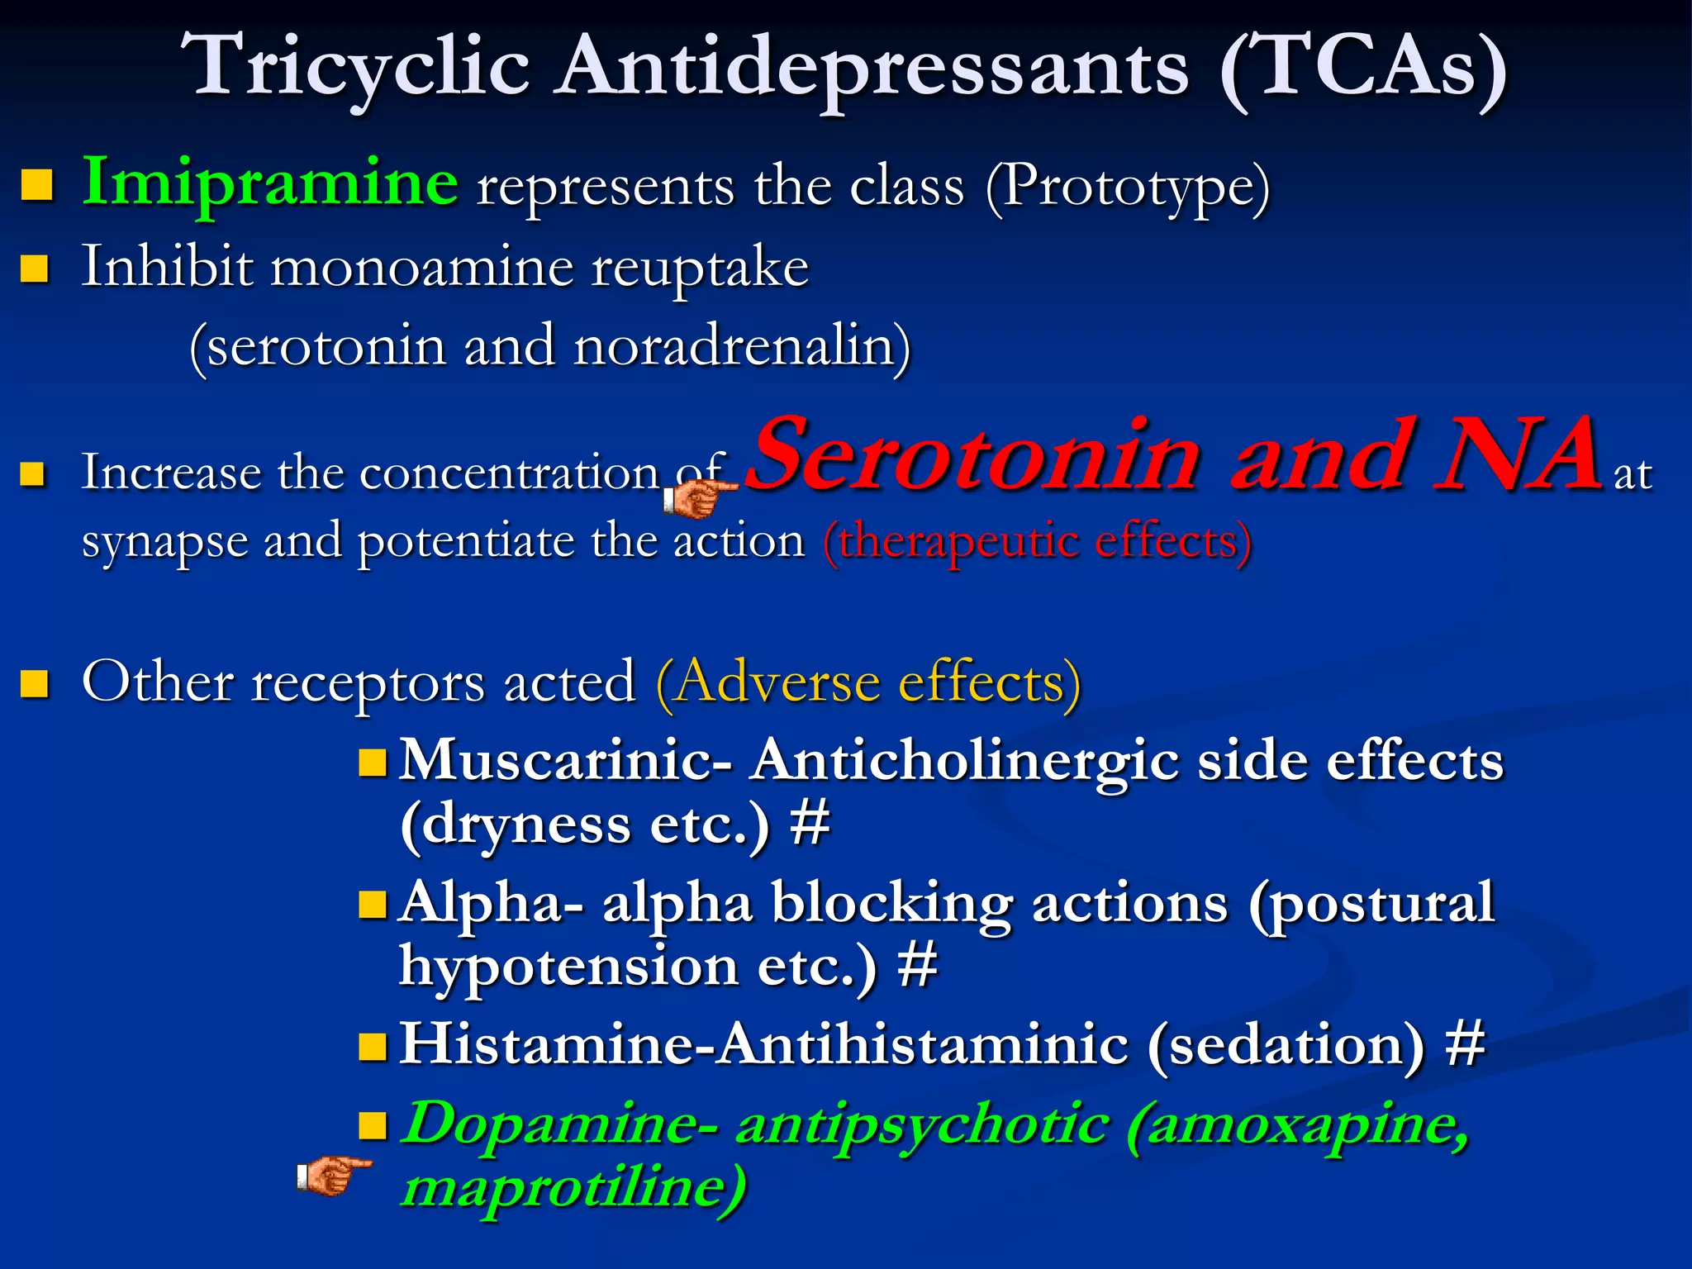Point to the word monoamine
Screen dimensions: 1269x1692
click(x=421, y=269)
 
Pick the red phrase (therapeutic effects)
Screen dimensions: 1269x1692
click(x=1037, y=543)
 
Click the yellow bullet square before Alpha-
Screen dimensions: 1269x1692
click(x=373, y=904)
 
